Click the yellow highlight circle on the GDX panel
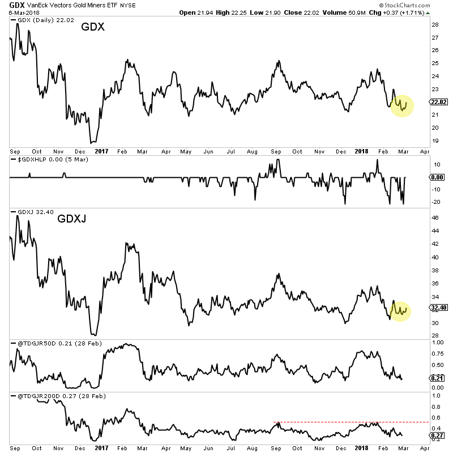pos(402,105)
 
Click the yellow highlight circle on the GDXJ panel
pos(401,310)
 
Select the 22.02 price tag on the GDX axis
pos(439,102)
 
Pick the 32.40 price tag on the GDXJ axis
pos(439,309)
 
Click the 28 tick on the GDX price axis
pos(434,25)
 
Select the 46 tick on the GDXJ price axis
pos(434,217)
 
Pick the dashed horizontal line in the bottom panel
pos(351,422)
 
